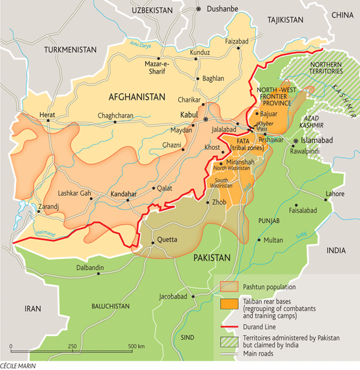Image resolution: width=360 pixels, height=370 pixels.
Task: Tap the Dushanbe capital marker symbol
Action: [x=199, y=9]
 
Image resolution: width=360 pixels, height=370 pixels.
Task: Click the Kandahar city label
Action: [x=124, y=195]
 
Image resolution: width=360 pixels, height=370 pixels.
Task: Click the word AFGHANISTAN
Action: [x=136, y=97]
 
